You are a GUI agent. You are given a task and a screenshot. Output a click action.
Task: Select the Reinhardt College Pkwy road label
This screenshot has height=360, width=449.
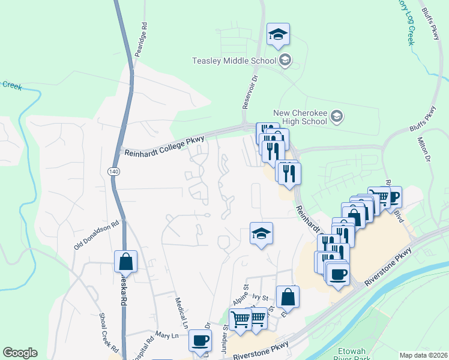pyautogui.click(x=164, y=146)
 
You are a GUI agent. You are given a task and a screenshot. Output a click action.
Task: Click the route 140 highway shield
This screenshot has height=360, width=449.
pyautogui.click(x=113, y=172)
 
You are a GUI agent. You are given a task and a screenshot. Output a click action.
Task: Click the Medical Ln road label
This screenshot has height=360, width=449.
pyautogui.click(x=181, y=311)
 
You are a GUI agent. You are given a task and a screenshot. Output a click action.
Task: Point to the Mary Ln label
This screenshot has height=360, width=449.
pyautogui.click(x=167, y=335)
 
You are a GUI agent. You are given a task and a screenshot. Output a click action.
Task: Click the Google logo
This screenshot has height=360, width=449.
pyautogui.click(x=20, y=353)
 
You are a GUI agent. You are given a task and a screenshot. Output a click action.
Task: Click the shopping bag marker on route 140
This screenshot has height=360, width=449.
pyautogui.click(x=125, y=261)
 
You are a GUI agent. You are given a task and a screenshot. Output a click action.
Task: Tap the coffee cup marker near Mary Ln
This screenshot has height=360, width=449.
pyautogui.click(x=200, y=340)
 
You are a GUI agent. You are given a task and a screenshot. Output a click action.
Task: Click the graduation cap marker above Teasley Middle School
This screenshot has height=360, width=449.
pyautogui.click(x=278, y=34)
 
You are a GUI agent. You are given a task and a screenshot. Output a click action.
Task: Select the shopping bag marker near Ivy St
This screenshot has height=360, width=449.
pyautogui.click(x=288, y=296)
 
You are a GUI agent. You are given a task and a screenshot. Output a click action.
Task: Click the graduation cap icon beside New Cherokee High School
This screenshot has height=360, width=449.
pyautogui.click(x=337, y=116)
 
